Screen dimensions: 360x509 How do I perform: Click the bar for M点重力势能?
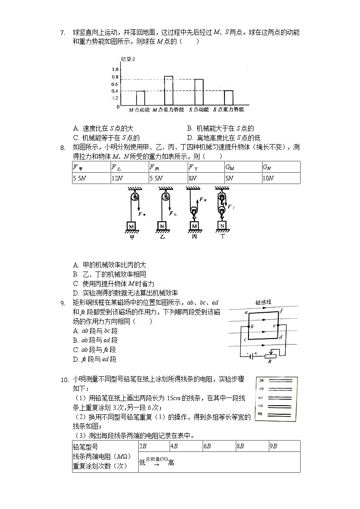click(168, 91)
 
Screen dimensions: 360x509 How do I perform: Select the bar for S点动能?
click(199, 92)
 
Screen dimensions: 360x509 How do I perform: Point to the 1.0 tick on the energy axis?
click(115, 69)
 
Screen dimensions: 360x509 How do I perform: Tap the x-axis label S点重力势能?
click(229, 110)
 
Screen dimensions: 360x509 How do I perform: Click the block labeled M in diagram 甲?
click(131, 225)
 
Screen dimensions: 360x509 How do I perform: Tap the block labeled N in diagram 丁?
click(222, 225)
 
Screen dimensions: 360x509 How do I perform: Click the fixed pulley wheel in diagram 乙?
click(165, 196)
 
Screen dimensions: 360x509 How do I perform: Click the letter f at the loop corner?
click(281, 311)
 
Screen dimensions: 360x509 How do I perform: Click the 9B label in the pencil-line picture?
click(261, 414)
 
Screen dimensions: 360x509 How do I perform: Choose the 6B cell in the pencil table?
click(207, 446)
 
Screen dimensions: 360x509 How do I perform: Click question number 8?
click(63, 147)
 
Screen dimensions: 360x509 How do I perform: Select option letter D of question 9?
click(76, 359)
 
